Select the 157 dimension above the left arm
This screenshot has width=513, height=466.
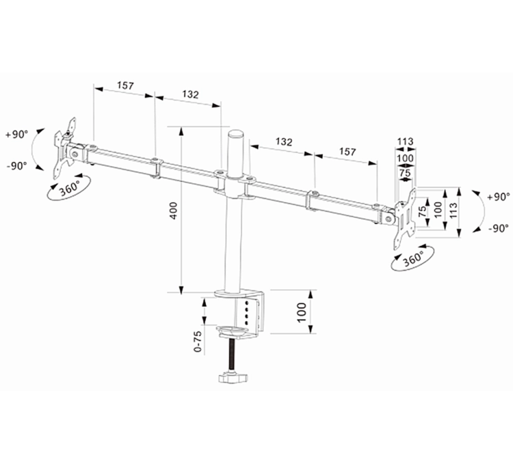click(x=125, y=86)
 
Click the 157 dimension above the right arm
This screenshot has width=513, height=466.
click(x=347, y=152)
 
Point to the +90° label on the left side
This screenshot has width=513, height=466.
click(x=16, y=135)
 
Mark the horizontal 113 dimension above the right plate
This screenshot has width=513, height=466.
click(x=405, y=142)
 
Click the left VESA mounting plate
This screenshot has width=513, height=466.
click(x=68, y=146)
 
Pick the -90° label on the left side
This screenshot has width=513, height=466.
click(x=16, y=165)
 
